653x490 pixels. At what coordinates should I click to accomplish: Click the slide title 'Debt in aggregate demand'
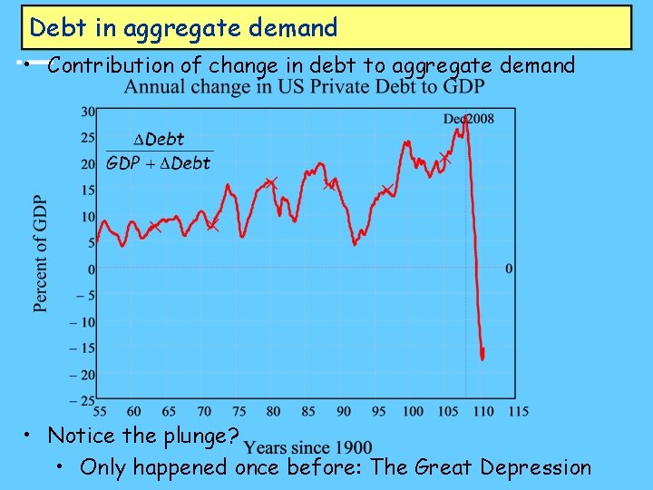pos(183,28)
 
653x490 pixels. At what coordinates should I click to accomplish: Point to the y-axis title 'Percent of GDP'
pos(41,254)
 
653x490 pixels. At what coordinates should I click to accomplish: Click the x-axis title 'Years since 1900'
pos(308,448)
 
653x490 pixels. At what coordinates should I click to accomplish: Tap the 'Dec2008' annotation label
pos(469,120)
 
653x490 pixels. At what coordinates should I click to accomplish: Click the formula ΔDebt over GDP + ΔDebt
pos(159,152)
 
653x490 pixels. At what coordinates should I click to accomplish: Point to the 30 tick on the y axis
pos(88,112)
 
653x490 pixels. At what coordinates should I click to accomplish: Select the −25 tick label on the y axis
pos(83,401)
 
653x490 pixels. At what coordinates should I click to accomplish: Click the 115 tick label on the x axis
pos(518,412)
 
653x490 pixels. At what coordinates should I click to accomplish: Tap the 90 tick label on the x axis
pos(343,412)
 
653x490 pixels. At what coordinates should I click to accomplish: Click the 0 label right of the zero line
pos(508,269)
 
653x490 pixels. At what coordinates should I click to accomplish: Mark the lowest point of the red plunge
pos(482,358)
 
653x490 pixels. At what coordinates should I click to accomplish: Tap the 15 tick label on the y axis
pos(88,191)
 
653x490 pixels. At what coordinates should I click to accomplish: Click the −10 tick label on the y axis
pos(83,322)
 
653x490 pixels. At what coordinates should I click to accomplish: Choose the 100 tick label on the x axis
pos(413,412)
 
